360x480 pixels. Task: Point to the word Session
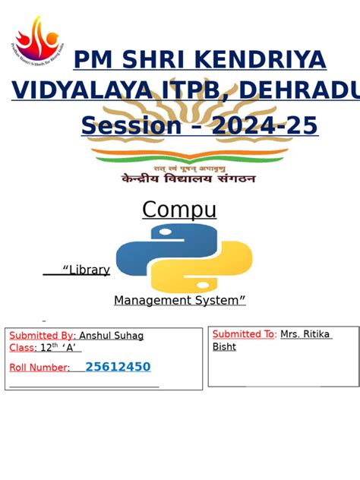131,125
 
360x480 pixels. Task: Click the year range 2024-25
264,125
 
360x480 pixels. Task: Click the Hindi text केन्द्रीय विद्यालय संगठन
188,178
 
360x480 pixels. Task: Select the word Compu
179,210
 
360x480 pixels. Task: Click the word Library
89,270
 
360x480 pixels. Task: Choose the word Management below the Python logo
149,301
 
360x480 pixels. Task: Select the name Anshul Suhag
112,336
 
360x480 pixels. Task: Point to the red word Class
22,348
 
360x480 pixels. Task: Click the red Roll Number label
39,368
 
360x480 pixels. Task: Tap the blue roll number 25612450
118,368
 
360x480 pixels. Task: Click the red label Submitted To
244,334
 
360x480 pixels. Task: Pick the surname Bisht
224,347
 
